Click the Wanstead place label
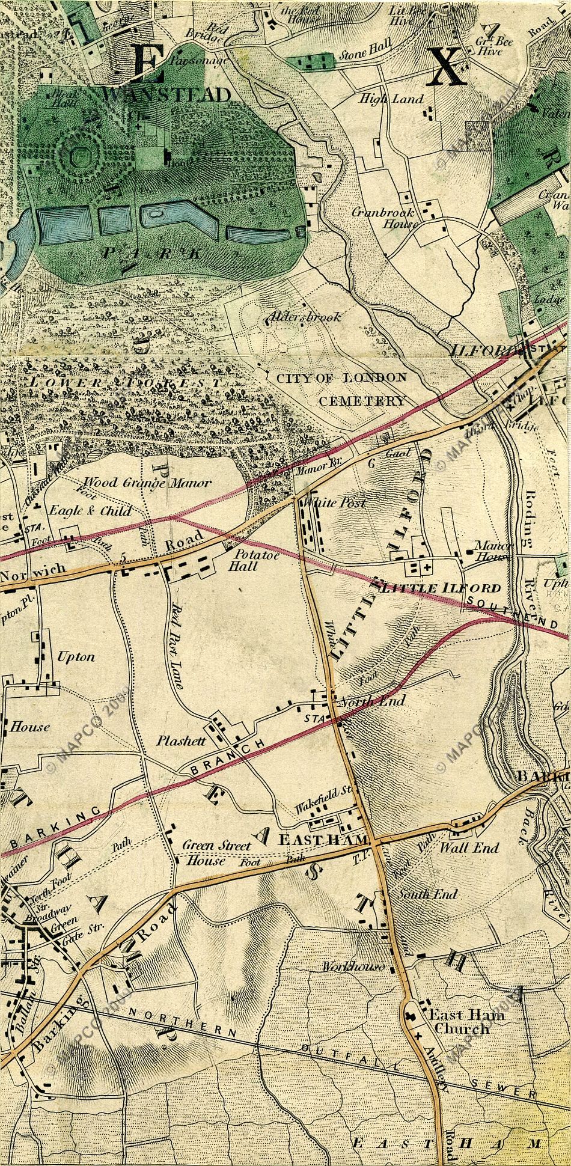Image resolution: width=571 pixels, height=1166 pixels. [166, 95]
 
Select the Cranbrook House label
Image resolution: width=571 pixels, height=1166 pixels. [393, 218]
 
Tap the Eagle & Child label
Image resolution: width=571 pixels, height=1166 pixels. [90, 511]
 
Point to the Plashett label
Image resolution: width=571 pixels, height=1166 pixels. [181, 741]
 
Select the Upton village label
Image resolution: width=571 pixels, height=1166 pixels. [76, 656]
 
